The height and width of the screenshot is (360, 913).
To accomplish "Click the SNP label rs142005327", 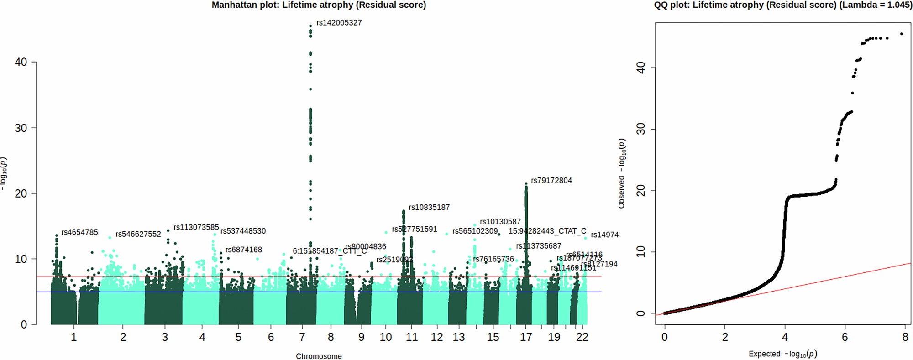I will [x=339, y=23].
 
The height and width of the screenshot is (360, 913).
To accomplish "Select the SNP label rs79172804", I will [x=551, y=181].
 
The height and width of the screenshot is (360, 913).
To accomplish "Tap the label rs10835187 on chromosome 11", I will [x=429, y=208].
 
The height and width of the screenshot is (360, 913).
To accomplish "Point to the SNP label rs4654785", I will [x=79, y=232].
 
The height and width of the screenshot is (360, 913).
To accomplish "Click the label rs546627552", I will [x=138, y=234].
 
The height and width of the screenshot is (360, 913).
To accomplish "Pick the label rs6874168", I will [x=243, y=250].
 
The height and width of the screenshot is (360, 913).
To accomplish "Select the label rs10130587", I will [x=500, y=222].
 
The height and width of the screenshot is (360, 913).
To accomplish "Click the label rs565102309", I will [x=475, y=231].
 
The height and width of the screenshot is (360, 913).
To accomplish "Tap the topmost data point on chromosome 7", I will [x=311, y=26].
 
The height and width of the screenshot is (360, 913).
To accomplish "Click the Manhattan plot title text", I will [x=319, y=5].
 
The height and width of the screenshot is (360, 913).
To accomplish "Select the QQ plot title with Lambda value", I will [x=783, y=5].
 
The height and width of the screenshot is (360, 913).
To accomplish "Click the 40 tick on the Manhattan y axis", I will [x=21, y=62].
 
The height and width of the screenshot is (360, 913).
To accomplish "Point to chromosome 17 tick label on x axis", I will [x=526, y=337].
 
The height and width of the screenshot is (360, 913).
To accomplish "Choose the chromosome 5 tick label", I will [x=238, y=337].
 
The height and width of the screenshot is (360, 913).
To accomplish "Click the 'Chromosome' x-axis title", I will [x=319, y=356].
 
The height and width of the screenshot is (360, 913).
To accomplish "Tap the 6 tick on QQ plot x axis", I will [x=845, y=337].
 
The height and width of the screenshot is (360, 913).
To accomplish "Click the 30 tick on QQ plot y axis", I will [x=641, y=129].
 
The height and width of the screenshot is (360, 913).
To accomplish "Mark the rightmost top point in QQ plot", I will [x=902, y=34].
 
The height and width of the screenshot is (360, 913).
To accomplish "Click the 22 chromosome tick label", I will [x=582, y=337].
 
